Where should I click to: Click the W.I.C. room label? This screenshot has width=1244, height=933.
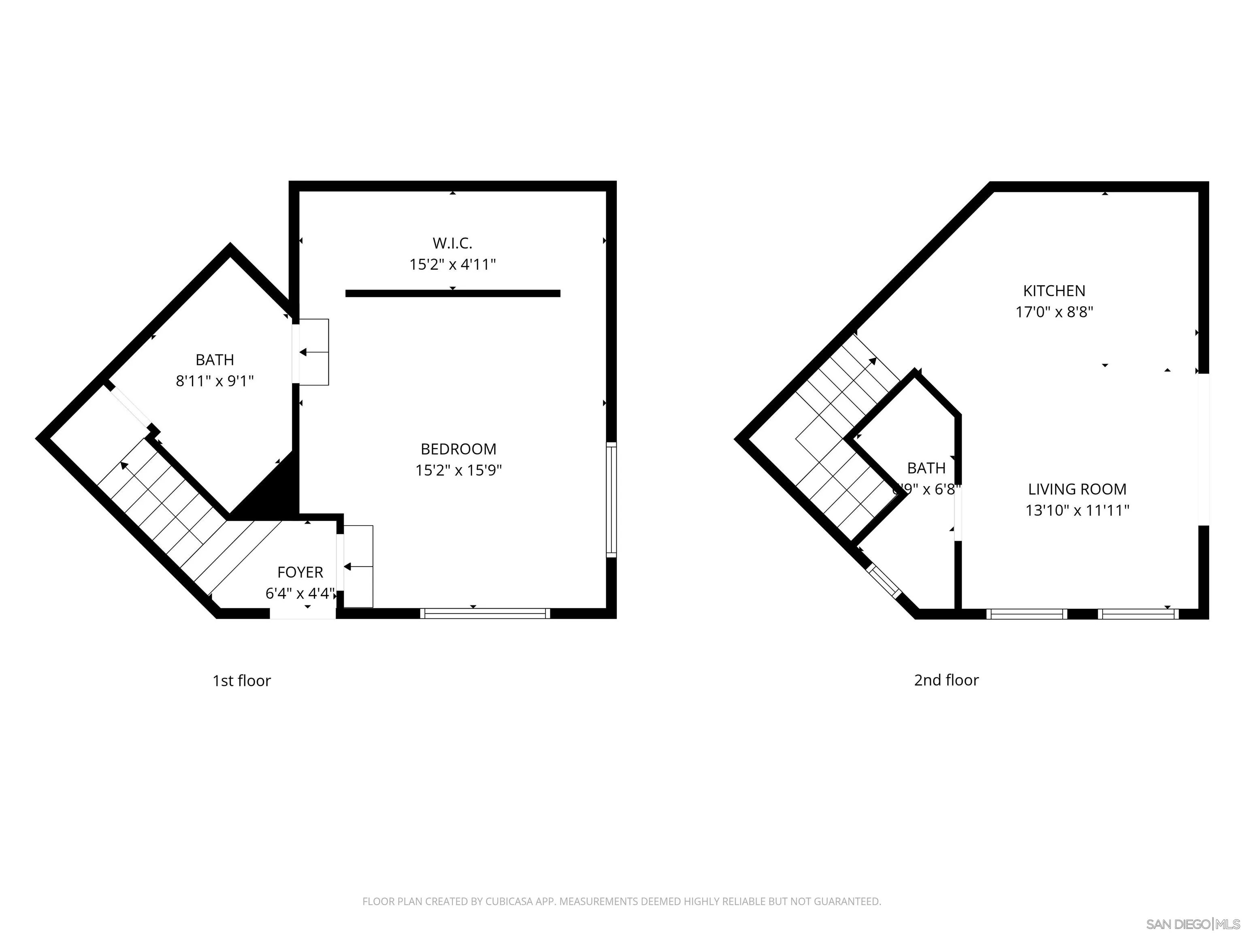[452, 243]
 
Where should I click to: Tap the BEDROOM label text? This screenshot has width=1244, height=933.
[458, 449]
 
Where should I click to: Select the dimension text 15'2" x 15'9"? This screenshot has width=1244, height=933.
[458, 470]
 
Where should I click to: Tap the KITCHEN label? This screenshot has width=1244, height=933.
[1054, 291]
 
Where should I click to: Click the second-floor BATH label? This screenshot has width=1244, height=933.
[926, 468]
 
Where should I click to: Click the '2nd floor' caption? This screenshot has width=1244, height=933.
[946, 680]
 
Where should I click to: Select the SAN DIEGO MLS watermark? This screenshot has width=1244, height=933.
[1192, 924]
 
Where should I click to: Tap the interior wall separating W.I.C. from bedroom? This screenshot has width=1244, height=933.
[453, 293]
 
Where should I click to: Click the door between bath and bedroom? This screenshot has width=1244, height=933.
[312, 352]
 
